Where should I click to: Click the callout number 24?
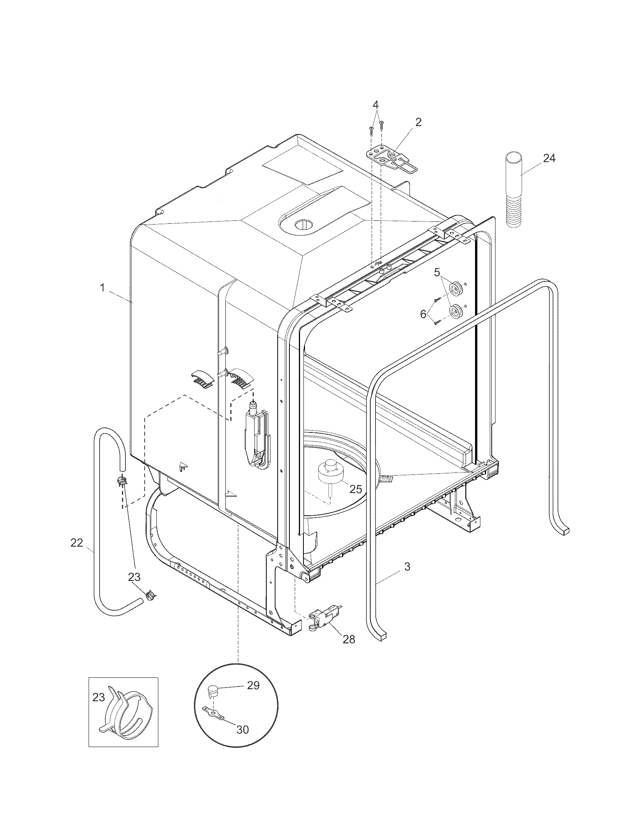pyautogui.click(x=549, y=158)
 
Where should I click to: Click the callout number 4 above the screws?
pyautogui.click(x=376, y=104)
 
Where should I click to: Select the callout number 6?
pyautogui.click(x=423, y=314)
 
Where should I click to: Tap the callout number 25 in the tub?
pyautogui.click(x=356, y=488)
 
